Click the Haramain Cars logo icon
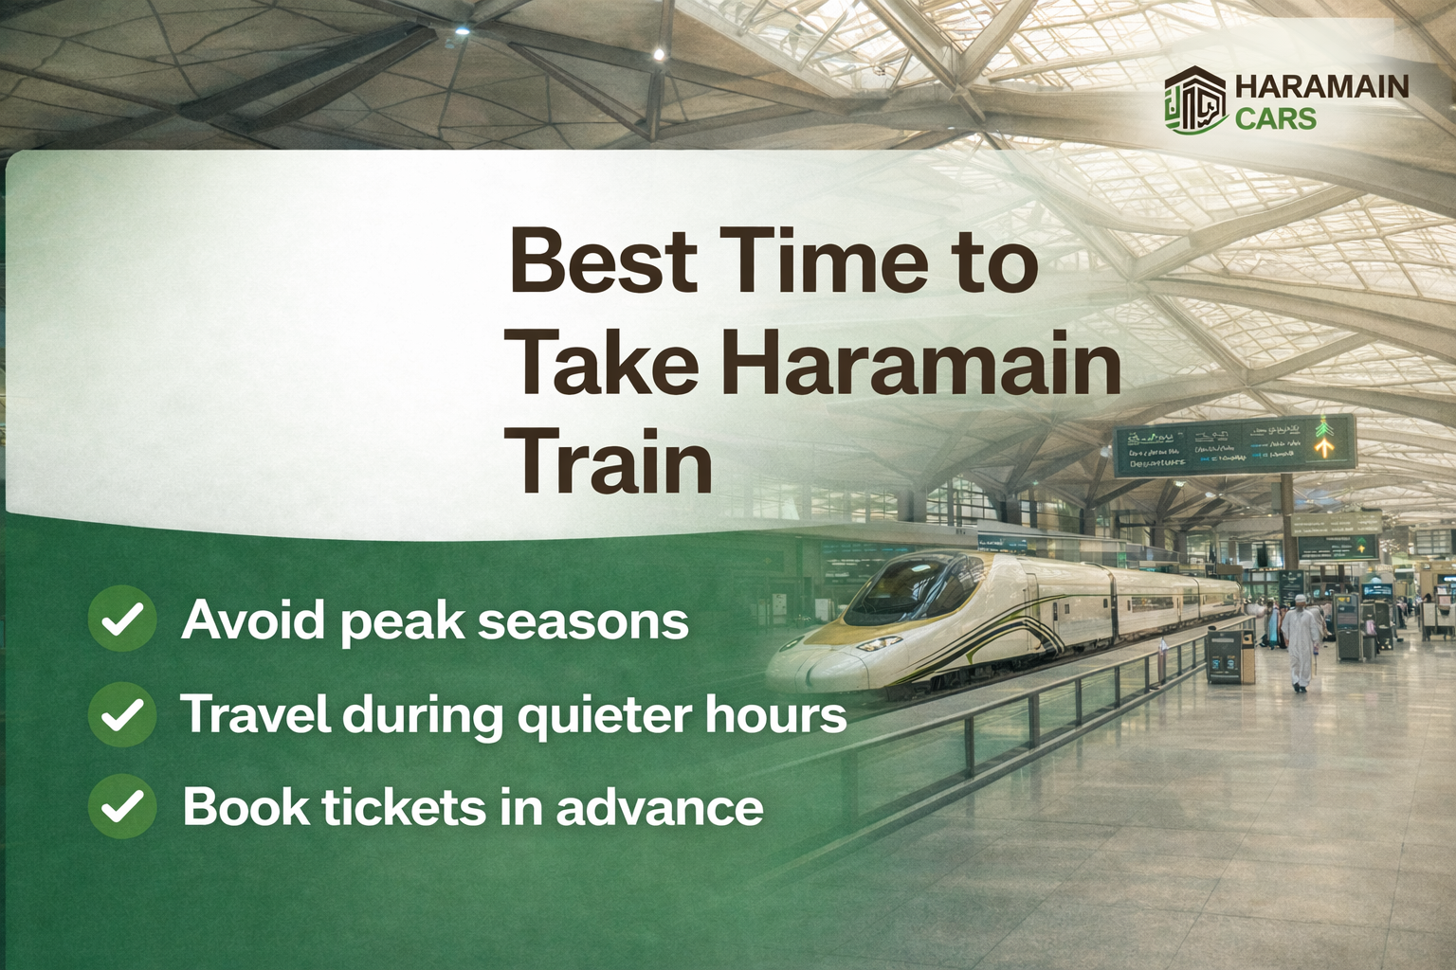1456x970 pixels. click(1195, 101)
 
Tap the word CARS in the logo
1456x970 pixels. click(1275, 118)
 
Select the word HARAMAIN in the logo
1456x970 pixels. click(1321, 86)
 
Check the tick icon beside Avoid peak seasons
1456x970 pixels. click(122, 620)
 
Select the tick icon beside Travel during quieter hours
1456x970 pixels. click(122, 714)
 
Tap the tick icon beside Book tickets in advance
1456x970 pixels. click(122, 807)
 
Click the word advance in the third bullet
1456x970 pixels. click(659, 807)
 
